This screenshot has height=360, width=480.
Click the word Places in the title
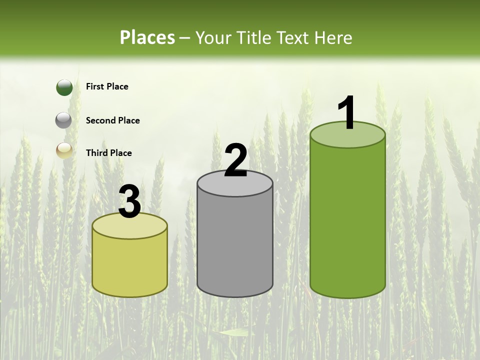tap(147, 37)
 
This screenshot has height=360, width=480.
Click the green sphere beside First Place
tap(64, 87)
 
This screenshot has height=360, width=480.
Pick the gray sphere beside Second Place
tap(63, 120)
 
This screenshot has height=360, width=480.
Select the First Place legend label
tap(107, 86)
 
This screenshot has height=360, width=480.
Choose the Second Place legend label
tap(112, 120)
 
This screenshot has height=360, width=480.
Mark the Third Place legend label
tap(108, 153)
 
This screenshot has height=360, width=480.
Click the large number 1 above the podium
tap(346, 112)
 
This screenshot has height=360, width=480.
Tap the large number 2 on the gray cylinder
tap(235, 160)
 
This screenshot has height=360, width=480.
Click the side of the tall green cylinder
tap(347, 220)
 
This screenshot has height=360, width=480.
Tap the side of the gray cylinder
tap(235, 245)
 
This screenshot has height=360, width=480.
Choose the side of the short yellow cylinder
tap(130, 267)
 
